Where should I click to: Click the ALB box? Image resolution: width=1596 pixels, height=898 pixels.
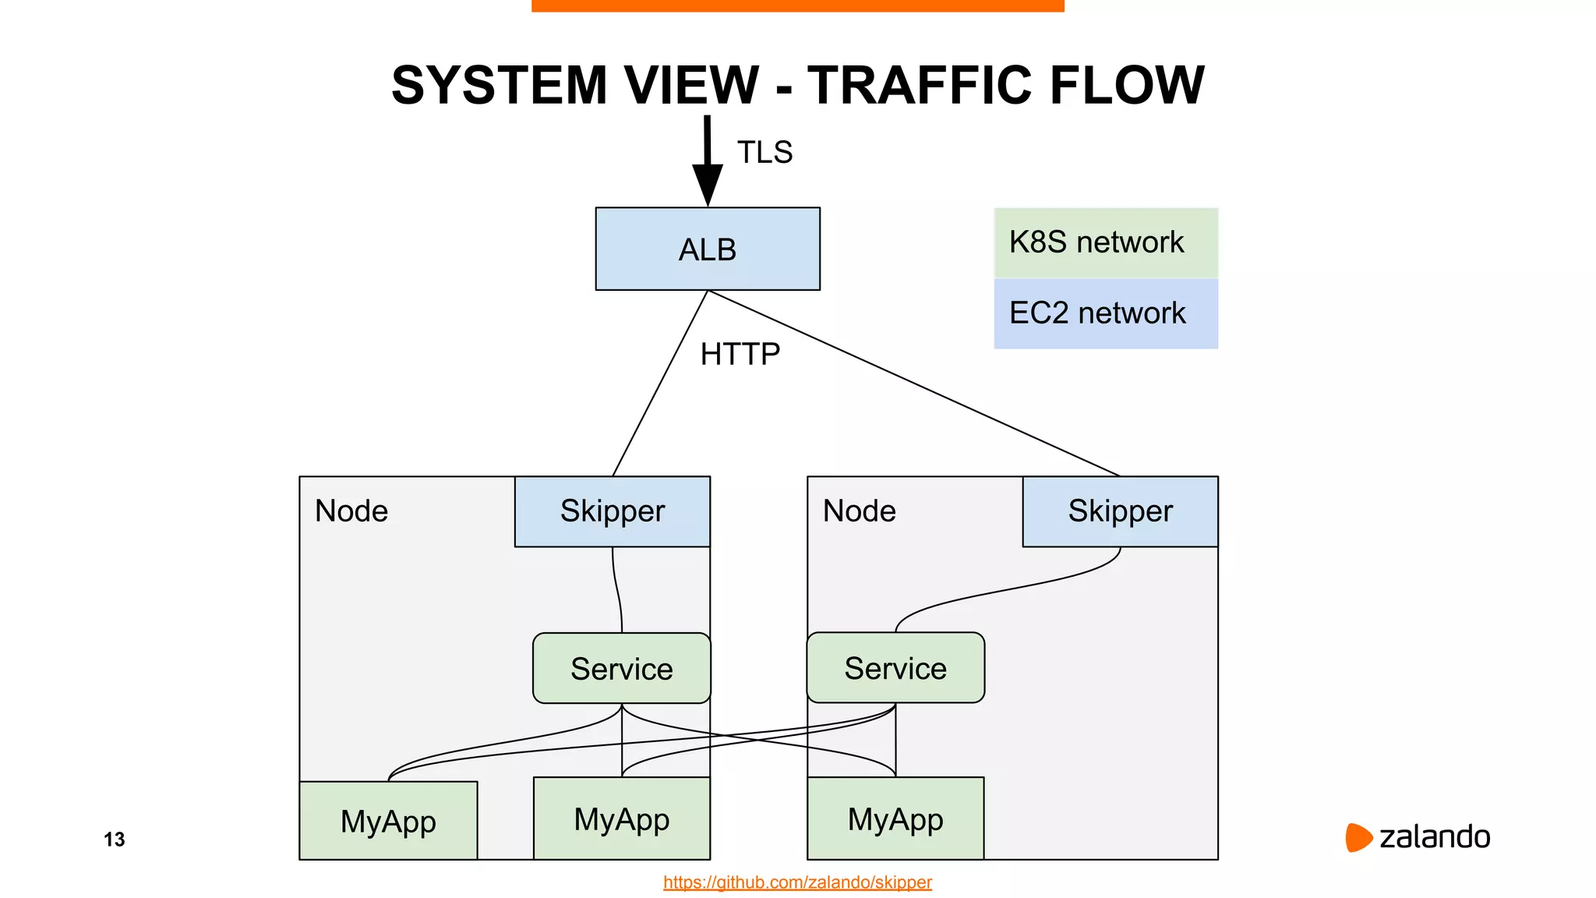click(708, 249)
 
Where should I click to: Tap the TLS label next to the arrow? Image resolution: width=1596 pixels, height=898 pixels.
click(764, 152)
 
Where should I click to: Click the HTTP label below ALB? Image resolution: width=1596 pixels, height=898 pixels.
click(740, 354)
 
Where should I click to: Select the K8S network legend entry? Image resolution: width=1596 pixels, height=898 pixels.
click(1105, 242)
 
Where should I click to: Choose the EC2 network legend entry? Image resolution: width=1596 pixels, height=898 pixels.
click(1105, 313)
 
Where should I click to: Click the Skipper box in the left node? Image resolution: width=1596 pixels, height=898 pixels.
click(613, 511)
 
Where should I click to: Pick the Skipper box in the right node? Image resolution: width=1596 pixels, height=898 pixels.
click(1120, 511)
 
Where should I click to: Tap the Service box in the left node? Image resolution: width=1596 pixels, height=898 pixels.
click(621, 669)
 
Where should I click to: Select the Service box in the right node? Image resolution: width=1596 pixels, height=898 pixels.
click(895, 668)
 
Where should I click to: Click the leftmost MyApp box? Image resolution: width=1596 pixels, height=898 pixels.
click(388, 821)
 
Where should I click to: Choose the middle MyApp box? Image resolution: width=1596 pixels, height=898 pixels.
click(621, 818)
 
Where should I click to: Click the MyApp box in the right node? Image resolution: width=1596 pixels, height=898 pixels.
click(895, 818)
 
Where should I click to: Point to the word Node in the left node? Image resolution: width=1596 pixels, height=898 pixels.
click(351, 511)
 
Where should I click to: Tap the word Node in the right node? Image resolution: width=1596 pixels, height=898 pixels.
click(860, 511)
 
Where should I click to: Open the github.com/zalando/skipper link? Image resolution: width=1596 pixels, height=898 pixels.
click(797, 882)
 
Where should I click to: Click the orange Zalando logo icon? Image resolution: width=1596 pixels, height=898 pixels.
click(1358, 837)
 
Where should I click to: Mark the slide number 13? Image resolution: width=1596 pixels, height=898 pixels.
click(114, 840)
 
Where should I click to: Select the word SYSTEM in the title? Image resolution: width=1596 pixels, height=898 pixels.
click(499, 85)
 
